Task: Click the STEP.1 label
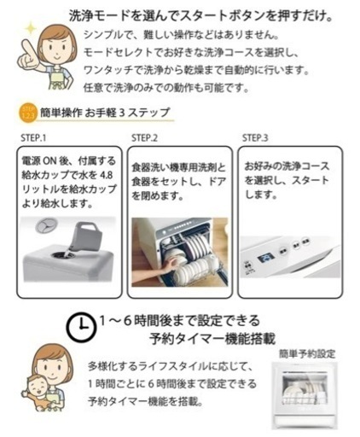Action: pos(33,138)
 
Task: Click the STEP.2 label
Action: pos(144,138)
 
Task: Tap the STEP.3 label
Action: pos(255,138)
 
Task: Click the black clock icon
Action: pos(81,327)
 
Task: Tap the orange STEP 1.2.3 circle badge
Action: pos(28,114)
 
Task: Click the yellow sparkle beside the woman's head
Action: pos(30,29)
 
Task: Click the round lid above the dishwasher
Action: pos(47,225)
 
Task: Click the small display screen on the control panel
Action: pos(266,259)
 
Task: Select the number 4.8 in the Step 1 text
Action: pos(107,175)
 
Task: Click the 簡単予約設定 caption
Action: pos(307,354)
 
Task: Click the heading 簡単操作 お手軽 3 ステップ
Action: pos(105,113)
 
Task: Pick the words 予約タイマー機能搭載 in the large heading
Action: pos(212,339)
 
